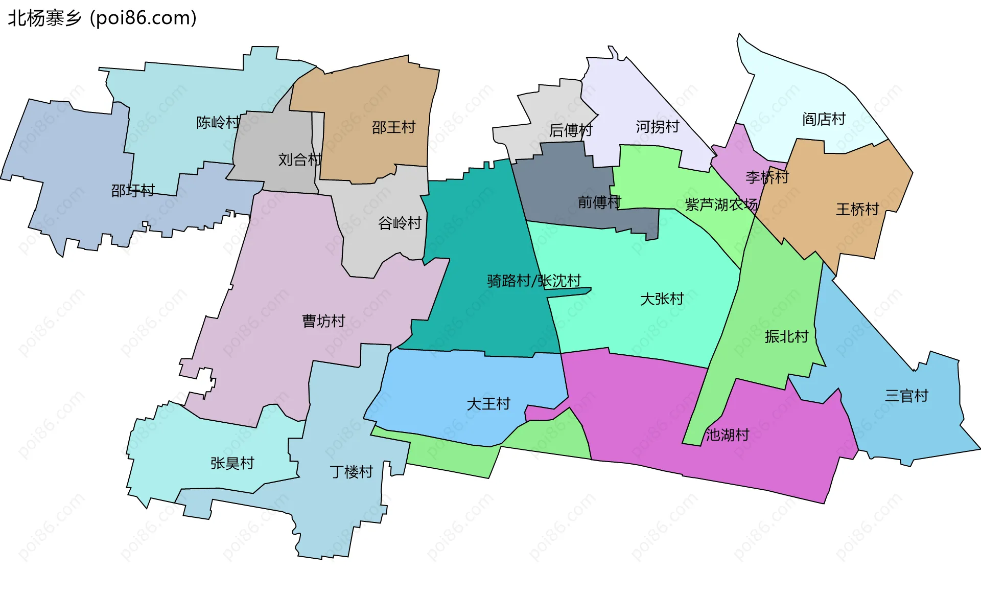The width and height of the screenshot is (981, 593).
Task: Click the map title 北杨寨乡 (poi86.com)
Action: coord(102,18)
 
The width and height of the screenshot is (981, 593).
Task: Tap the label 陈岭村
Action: coord(218,123)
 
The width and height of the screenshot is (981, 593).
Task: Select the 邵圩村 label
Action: coord(133,191)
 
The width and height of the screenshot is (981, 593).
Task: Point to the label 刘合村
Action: coord(300,159)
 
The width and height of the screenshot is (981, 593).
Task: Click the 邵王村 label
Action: coord(393,127)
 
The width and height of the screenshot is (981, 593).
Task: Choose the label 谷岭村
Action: coord(400,223)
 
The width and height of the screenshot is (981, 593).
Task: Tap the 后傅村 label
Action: coord(571,130)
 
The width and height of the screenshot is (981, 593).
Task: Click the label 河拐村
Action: coord(658,127)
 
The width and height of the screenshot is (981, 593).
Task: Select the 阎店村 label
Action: coord(824,119)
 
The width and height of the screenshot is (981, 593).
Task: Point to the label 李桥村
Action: coord(767,177)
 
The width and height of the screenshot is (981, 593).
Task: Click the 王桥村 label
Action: coord(857,209)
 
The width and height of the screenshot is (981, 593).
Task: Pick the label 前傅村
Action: coord(599,202)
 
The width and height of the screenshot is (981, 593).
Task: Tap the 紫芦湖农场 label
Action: coord(721,205)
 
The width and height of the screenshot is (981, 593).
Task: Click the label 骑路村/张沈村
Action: coord(534,281)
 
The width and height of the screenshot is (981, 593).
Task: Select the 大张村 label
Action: coord(662,299)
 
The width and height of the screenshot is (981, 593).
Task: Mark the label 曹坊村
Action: coord(323,321)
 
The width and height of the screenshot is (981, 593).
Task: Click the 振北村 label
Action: coord(787,336)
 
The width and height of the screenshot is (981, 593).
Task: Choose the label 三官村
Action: coord(906,396)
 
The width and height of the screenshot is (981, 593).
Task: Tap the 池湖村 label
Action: coord(728,435)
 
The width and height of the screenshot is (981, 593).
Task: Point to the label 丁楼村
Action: coord(352,472)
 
